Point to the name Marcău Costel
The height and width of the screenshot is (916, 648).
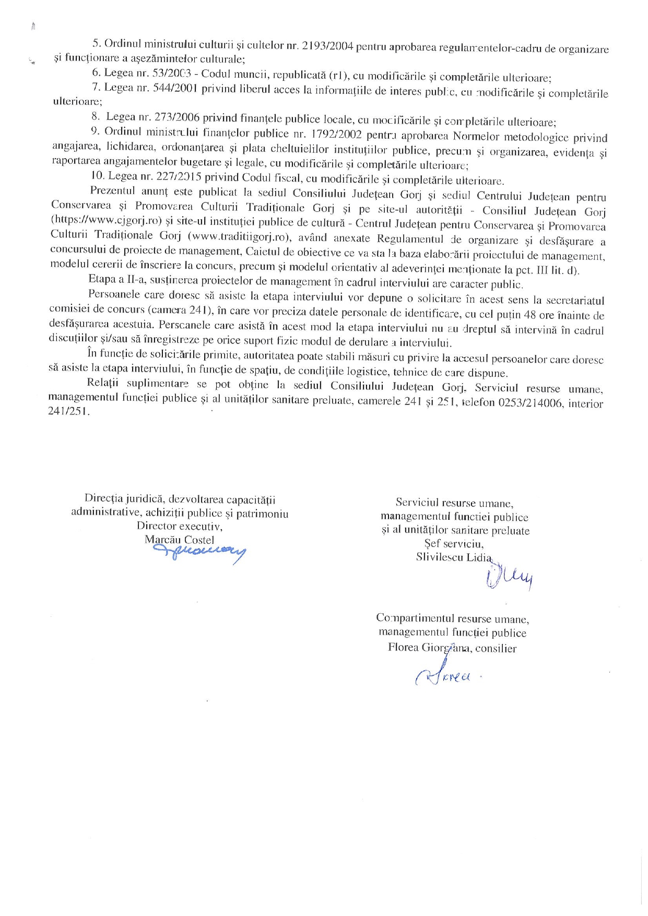(179, 540)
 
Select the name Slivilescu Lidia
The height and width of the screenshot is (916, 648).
(454, 557)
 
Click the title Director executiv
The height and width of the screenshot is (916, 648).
(179, 527)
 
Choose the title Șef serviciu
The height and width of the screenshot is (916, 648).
(454, 543)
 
